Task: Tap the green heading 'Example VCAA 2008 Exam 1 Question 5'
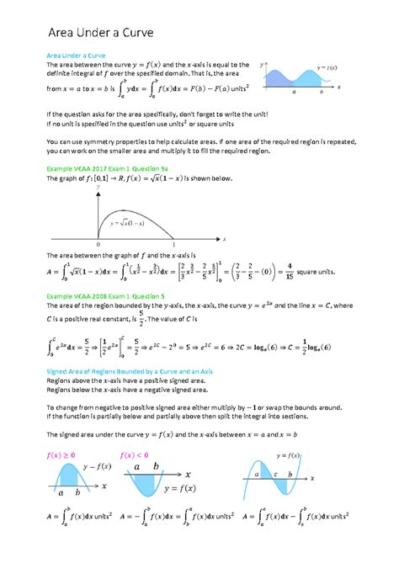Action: pos(116,297)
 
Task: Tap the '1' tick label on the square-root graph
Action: pos(196,245)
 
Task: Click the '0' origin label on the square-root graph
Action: pos(98,245)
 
